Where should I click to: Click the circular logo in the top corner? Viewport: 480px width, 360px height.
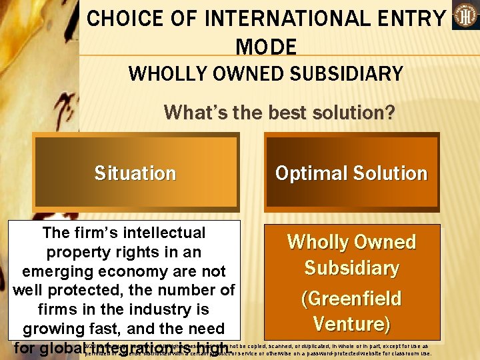(x=465, y=16)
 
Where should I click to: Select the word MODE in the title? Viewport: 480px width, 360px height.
(x=266, y=47)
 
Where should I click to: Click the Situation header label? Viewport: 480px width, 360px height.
(x=135, y=173)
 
